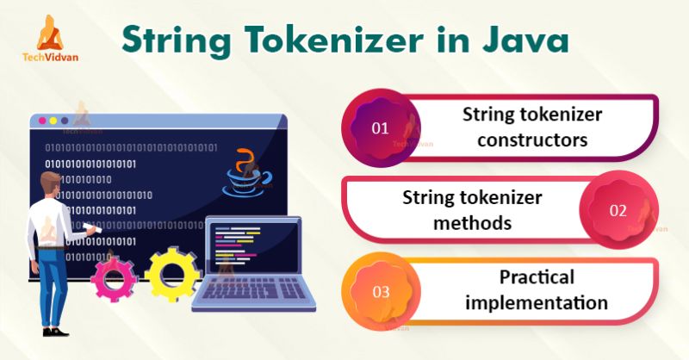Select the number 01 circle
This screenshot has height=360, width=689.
380,128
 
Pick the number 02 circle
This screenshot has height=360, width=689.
618,209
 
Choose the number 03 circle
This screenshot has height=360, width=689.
380,290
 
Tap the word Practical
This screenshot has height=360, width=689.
534,277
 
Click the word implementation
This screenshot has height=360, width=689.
534,302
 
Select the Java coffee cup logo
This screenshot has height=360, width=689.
247,171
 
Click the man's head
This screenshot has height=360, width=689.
50,185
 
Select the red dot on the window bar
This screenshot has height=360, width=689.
40,121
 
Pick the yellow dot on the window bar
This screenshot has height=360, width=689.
52,121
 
